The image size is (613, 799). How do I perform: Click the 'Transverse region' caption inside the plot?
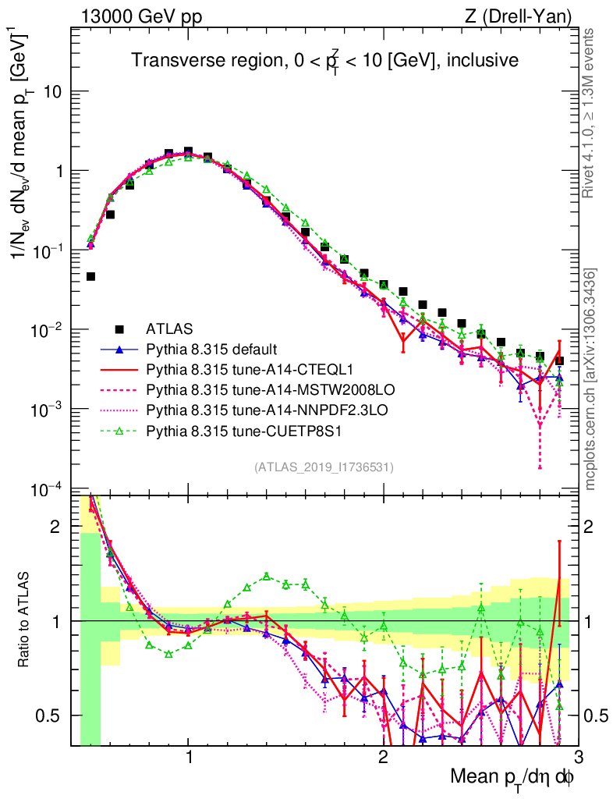(x=324, y=60)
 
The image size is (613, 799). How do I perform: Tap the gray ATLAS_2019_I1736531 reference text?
(x=324, y=468)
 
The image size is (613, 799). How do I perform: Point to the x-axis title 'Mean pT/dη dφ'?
(x=514, y=777)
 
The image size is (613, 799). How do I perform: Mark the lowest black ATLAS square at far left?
(x=90, y=276)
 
